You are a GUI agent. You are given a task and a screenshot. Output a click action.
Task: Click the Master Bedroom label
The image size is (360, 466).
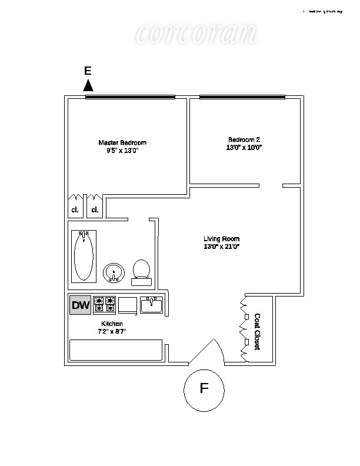pyautogui.click(x=122, y=142)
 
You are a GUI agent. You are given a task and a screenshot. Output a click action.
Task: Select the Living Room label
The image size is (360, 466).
pyautogui.click(x=222, y=238)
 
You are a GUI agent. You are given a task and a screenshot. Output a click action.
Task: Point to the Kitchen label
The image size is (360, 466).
pyautogui.click(x=111, y=324)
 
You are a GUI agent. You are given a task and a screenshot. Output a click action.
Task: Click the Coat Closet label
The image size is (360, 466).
pyautogui.click(x=257, y=332)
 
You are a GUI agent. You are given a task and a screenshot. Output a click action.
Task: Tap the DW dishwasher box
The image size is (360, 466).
pyautogui.click(x=81, y=305)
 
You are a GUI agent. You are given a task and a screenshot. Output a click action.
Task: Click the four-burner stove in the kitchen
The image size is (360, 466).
pyautogui.click(x=105, y=305)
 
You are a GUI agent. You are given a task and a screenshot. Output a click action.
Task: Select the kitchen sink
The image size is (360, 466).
pyautogui.click(x=152, y=304)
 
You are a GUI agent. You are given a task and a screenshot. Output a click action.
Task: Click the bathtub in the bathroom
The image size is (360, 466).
pyautogui.click(x=84, y=256)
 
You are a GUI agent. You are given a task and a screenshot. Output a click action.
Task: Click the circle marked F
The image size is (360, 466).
pyautogui.click(x=204, y=389)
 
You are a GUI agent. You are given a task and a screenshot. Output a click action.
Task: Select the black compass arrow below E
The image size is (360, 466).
pyautogui.click(x=88, y=85)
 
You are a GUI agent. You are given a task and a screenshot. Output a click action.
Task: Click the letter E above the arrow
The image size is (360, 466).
pyautogui.click(x=88, y=71)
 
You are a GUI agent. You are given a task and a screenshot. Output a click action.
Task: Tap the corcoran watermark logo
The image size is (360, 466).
pyautogui.click(x=195, y=34)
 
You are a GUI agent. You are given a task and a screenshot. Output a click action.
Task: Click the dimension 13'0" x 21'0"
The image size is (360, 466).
pyautogui.click(x=222, y=247)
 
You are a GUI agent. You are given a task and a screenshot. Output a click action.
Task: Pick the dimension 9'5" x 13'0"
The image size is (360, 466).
pyautogui.click(x=122, y=151)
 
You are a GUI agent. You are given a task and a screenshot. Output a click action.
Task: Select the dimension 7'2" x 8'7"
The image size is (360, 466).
pyautogui.click(x=111, y=332)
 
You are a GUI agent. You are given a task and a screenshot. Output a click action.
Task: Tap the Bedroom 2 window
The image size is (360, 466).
pyautogui.click(x=242, y=97)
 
